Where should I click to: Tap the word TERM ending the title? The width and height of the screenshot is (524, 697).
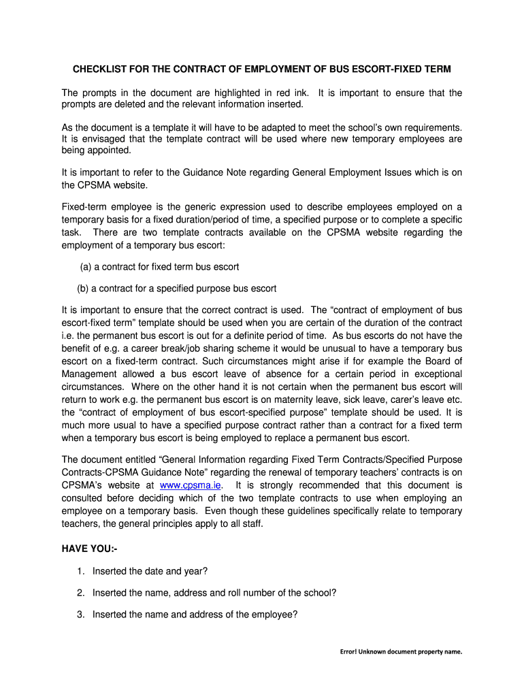pyautogui.click(x=436, y=70)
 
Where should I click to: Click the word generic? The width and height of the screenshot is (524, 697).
pyautogui.click(x=195, y=207)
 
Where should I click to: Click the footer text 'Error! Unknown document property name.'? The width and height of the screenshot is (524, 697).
pyautogui.click(x=401, y=651)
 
